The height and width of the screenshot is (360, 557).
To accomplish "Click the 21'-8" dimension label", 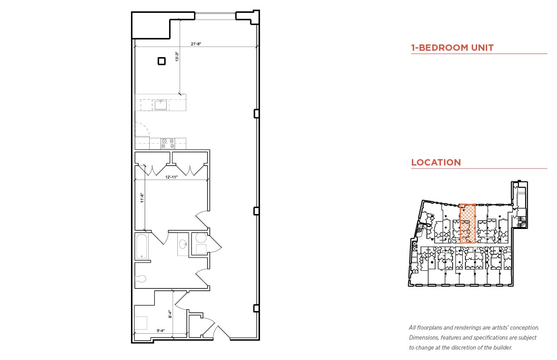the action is point(195,44).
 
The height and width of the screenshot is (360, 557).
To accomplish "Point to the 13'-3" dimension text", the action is point(177,57).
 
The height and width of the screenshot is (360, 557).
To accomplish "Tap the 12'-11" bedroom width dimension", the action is point(171,177).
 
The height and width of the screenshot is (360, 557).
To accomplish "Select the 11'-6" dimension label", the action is point(142,198).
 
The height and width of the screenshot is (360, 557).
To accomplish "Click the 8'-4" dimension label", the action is point(170,314).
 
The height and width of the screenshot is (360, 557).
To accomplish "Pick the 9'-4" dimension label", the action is point(161,331).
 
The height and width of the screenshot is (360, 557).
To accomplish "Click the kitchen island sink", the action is point(161,105).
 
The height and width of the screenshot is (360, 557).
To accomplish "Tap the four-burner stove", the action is point(167,143).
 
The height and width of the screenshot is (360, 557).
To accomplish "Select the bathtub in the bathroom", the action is point(142,247).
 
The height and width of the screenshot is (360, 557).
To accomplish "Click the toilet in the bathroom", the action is point(141,279).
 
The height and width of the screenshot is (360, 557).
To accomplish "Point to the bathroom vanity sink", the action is point(183,244).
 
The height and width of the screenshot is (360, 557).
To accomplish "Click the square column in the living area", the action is point(161,61).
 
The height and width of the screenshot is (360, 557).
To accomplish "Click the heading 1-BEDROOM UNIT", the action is point(452,48).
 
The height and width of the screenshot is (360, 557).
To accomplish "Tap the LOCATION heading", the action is point(436,163).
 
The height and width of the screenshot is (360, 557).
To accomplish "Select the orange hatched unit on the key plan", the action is point(468,224).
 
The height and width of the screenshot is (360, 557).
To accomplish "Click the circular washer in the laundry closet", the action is point(201,238).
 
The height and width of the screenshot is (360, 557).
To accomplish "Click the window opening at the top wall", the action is point(215,16).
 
